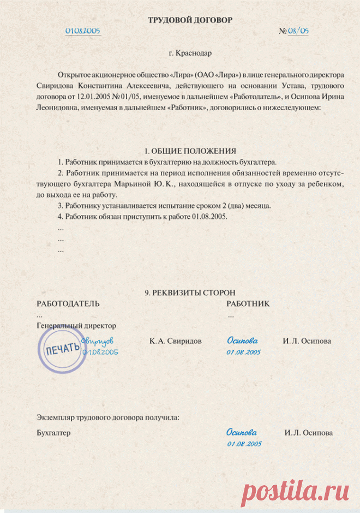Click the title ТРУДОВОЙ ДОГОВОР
[x=190, y=20]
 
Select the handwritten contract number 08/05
[x=299, y=31]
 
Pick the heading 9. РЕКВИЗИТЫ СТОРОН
[x=190, y=293]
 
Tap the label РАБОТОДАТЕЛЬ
[x=68, y=303]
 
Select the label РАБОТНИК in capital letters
[x=248, y=303]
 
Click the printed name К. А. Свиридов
[x=176, y=341]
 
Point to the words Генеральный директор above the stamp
[x=76, y=326]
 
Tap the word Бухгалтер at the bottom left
[x=53, y=433]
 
